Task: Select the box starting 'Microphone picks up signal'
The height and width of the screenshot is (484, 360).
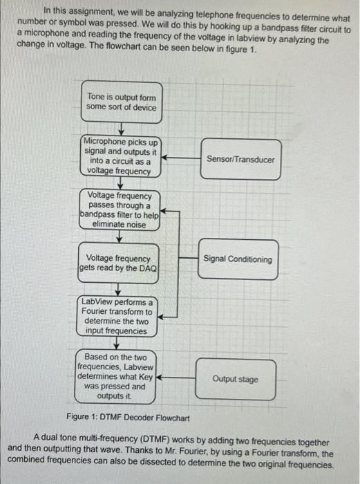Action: (121, 156)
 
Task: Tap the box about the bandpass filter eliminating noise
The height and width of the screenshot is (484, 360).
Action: (121, 210)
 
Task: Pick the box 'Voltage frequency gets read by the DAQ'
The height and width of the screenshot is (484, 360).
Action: (118, 263)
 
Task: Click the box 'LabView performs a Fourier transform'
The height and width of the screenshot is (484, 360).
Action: (117, 317)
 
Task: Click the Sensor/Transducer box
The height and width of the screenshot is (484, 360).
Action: (240, 160)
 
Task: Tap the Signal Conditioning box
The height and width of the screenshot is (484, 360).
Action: (238, 260)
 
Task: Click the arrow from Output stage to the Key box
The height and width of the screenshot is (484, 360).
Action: (176, 379)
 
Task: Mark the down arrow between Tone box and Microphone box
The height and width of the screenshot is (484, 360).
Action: (120, 128)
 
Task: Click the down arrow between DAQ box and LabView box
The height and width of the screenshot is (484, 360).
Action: (119, 290)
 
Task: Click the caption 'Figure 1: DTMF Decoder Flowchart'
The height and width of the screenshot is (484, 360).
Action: (127, 417)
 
